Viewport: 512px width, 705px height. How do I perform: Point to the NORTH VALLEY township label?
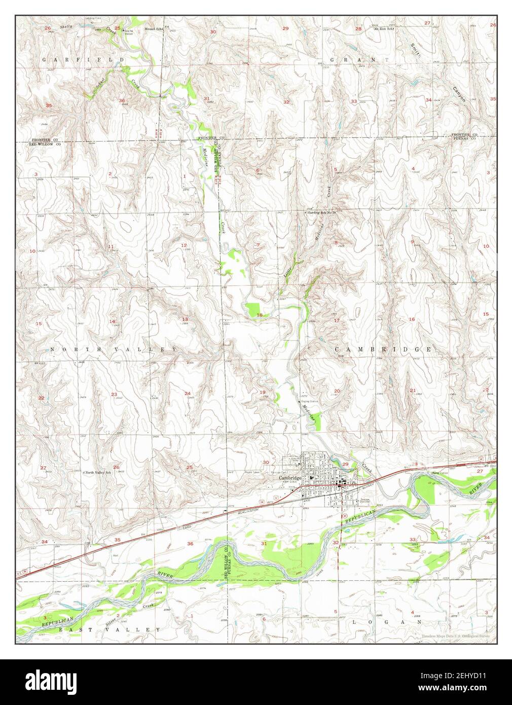tap(113, 350)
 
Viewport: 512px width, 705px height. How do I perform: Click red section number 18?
tap(260, 315)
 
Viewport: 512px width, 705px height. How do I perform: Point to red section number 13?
tap(186, 319)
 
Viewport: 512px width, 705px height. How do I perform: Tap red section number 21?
tap(413, 390)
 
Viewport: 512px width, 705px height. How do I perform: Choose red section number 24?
tap(188, 394)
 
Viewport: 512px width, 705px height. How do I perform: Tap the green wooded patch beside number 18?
tap(252, 309)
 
